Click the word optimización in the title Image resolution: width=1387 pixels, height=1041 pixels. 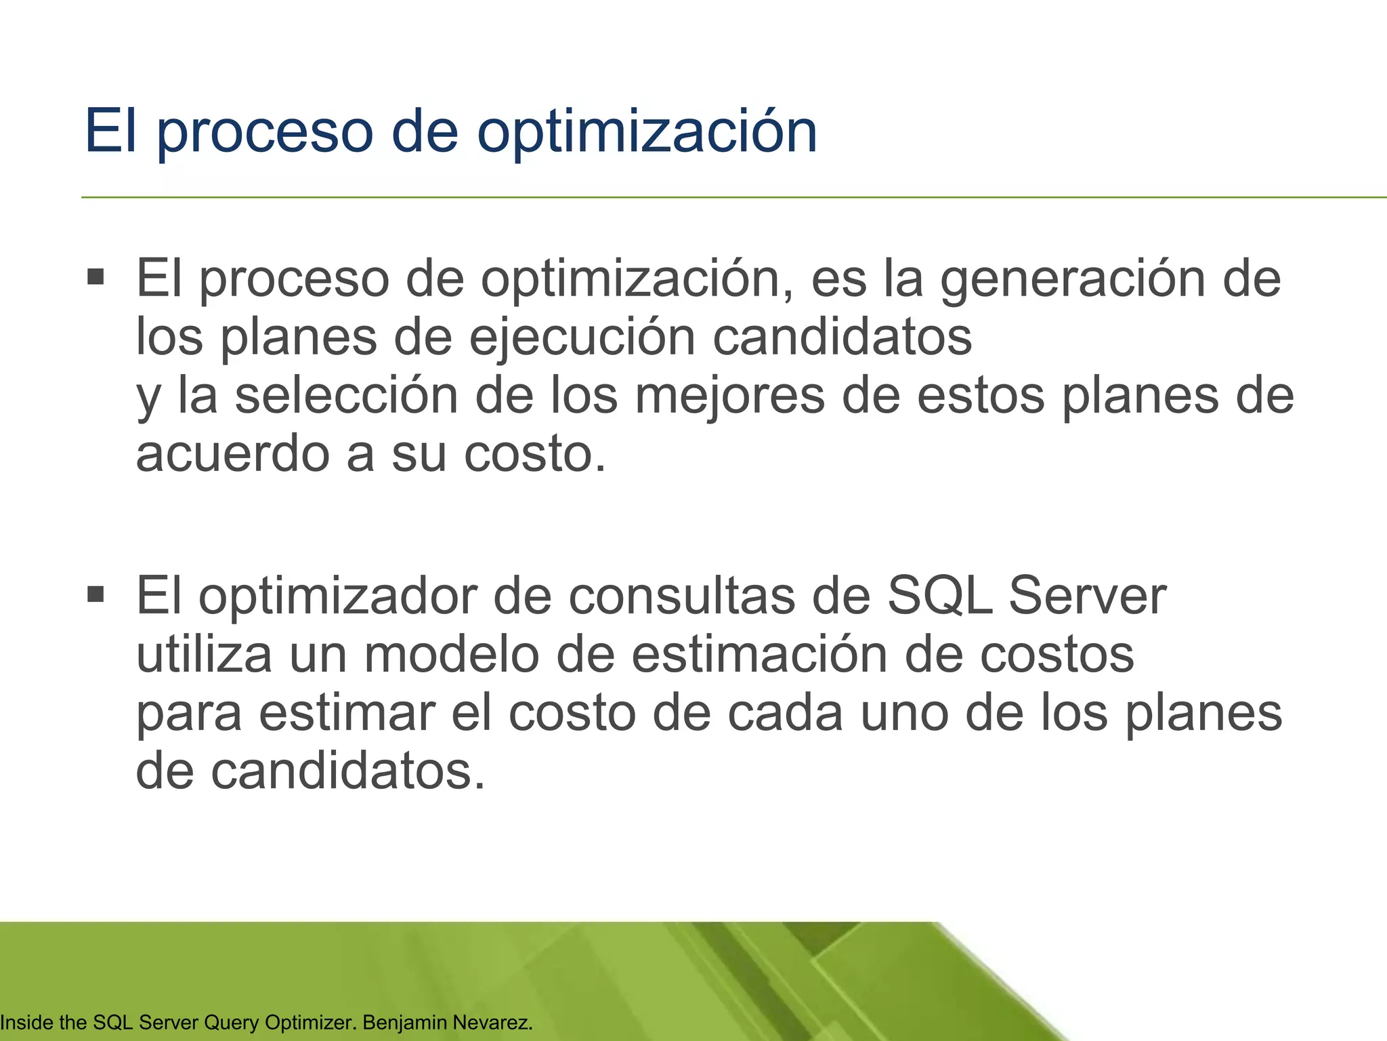point(647,132)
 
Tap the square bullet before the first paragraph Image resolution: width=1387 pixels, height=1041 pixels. point(96,277)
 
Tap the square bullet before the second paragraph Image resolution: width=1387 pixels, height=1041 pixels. point(96,594)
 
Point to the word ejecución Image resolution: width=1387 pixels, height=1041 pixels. point(582,337)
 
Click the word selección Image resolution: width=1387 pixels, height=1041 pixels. point(346,396)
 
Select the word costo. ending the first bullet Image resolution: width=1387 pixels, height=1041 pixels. point(535,454)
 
